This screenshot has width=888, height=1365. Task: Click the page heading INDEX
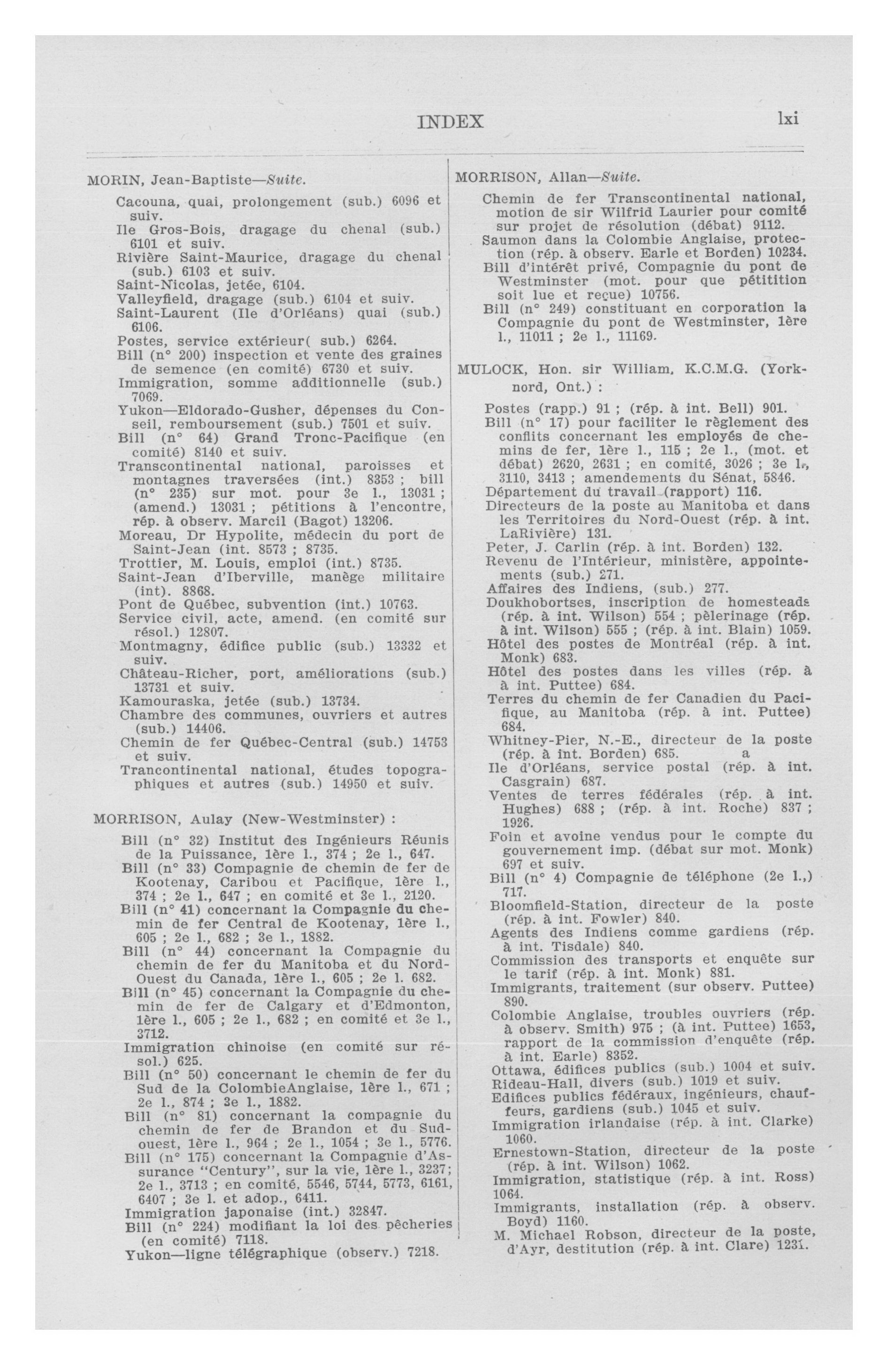point(451,122)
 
